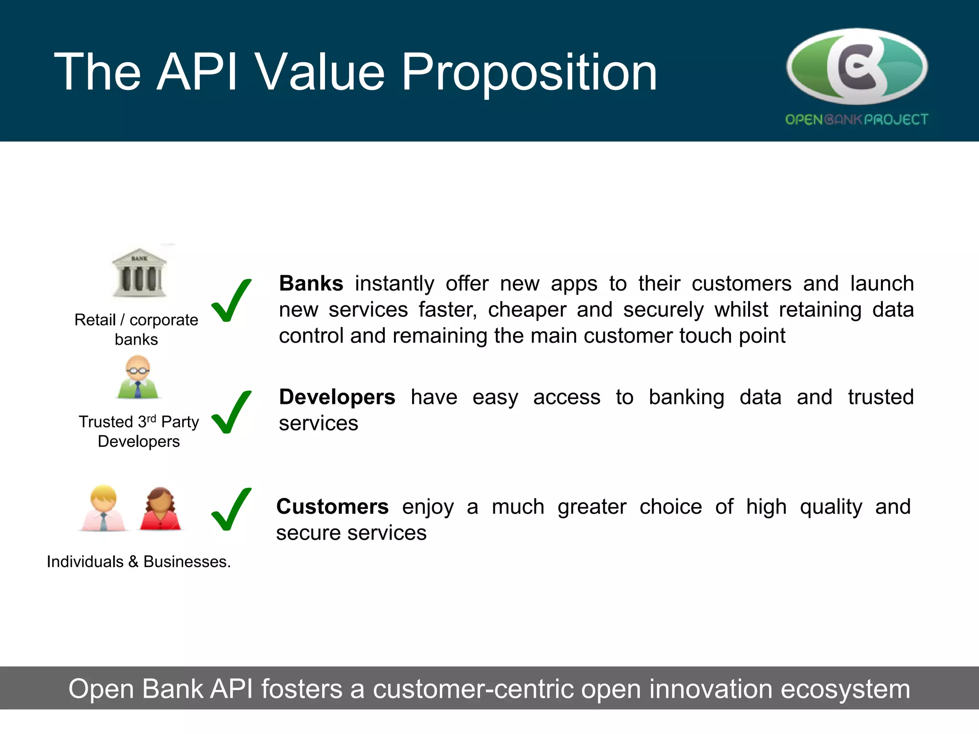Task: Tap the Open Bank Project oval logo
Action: [x=857, y=67]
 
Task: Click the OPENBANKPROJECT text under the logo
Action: [x=857, y=119]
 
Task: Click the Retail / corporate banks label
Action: [x=136, y=329]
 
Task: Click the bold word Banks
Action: [x=311, y=283]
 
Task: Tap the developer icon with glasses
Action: [x=138, y=377]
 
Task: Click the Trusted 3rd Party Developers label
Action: [x=139, y=431]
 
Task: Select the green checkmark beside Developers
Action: [x=231, y=412]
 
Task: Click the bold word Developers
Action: [x=337, y=397]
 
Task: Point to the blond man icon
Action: [x=104, y=508]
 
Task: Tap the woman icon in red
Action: [x=161, y=508]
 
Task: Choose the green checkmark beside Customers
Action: [x=231, y=509]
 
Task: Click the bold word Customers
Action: [x=333, y=507]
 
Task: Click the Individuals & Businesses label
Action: [x=139, y=561]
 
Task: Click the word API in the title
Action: [x=197, y=73]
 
